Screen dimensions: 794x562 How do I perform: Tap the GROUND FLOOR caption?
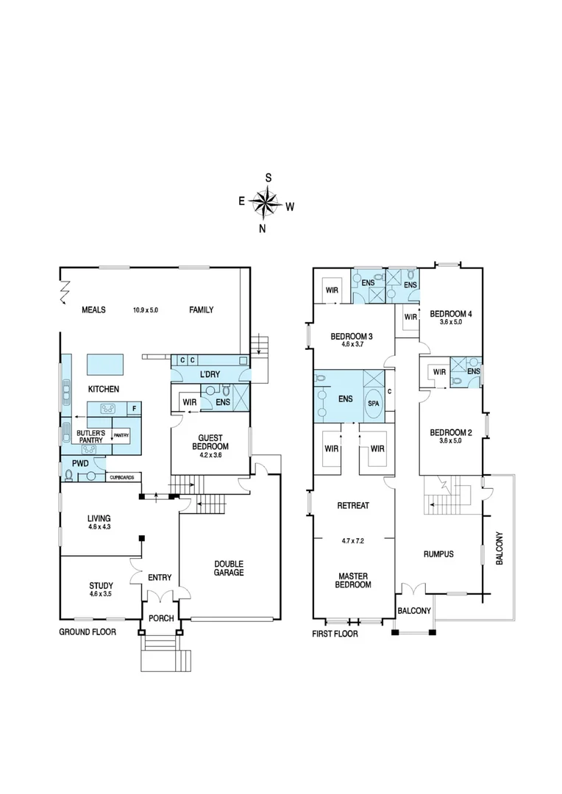(87, 631)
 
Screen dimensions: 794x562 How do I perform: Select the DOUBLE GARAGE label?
(229, 568)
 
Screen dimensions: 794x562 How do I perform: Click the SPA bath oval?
(374, 404)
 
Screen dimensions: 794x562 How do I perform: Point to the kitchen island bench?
(104, 364)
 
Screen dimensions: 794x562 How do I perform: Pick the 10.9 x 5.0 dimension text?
(151, 310)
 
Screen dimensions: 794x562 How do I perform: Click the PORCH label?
(160, 618)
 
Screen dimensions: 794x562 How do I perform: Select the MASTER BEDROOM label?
(354, 580)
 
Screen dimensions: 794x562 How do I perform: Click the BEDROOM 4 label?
(450, 313)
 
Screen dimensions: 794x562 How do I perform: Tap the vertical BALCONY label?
(500, 547)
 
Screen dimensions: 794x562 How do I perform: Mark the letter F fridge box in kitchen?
(134, 408)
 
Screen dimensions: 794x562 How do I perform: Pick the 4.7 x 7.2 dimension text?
(353, 540)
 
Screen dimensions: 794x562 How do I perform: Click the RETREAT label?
(353, 506)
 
